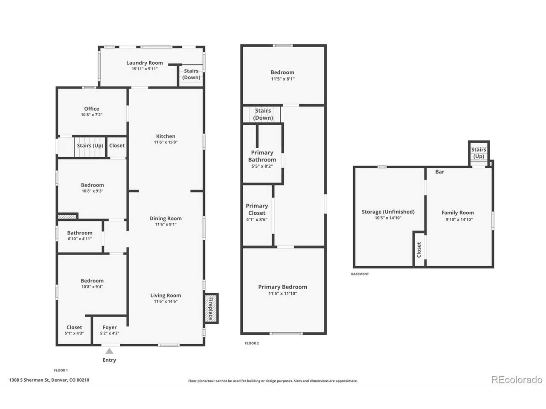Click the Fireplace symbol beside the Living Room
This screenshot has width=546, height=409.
(211, 308)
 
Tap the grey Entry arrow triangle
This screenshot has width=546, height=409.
(109, 351)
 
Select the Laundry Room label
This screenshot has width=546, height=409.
(145, 63)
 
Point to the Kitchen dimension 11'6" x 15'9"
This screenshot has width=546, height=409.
(166, 142)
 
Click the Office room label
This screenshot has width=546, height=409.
(92, 109)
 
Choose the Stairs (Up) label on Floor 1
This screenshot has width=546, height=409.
(90, 146)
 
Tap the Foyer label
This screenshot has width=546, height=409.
(110, 327)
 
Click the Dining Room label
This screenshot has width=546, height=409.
(166, 218)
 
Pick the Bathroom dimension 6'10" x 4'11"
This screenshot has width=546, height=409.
(80, 239)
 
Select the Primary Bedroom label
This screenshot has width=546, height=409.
(282, 287)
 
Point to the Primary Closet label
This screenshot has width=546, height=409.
(257, 209)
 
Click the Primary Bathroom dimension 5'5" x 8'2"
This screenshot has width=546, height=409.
(262, 166)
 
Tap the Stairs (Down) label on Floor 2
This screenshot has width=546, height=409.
(263, 114)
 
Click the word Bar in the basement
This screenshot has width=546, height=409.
(439, 172)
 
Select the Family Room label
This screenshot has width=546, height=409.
(458, 213)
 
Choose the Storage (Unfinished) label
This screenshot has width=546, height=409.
(388, 212)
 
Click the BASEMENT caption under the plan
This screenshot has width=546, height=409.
(360, 274)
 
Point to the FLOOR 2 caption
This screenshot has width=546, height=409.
(252, 343)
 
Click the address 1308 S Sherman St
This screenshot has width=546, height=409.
(29, 380)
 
